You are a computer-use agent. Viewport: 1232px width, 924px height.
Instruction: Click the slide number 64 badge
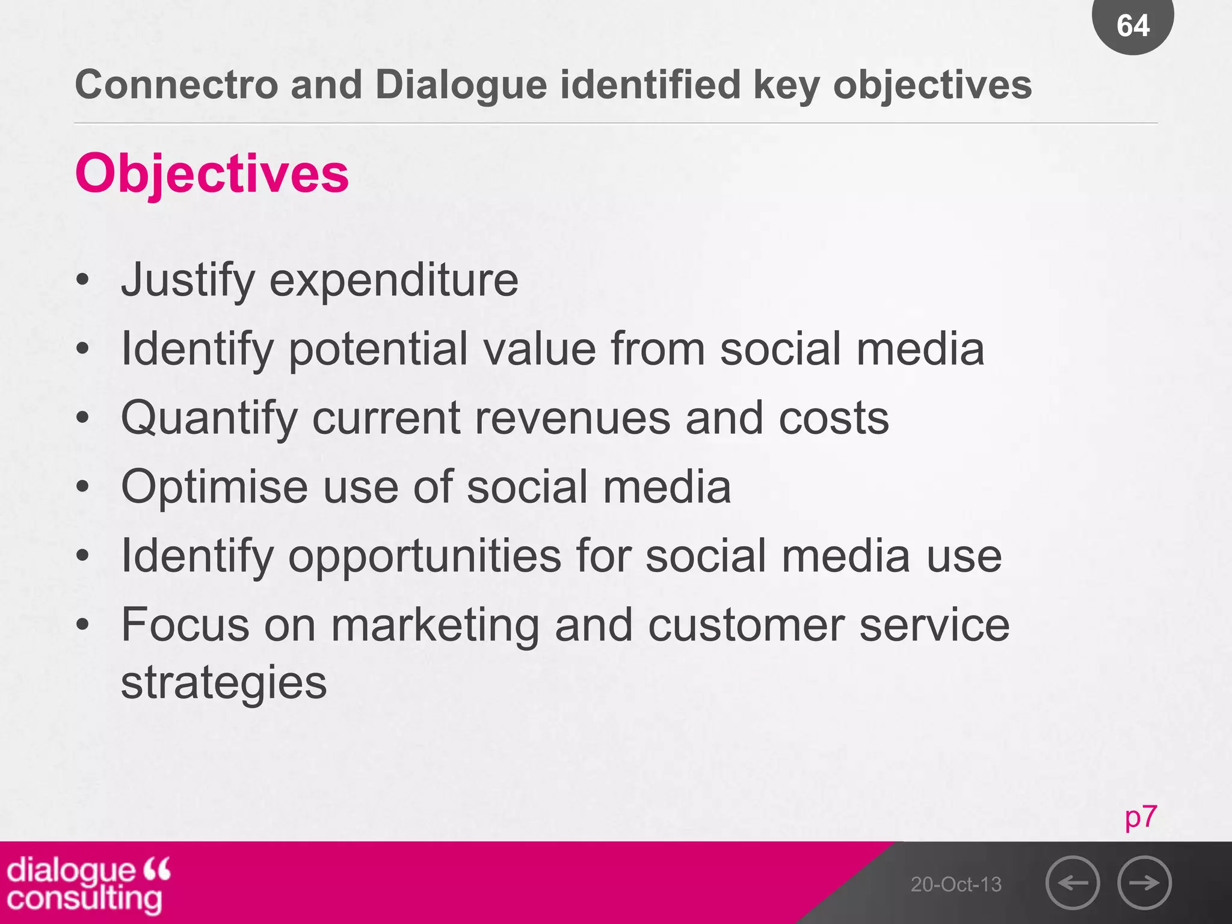[x=1132, y=25]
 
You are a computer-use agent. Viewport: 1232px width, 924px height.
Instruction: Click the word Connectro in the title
[x=176, y=85]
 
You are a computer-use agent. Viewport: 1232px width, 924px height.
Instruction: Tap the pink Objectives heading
[x=212, y=173]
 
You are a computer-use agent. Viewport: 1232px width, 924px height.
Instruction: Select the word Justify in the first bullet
[x=188, y=280]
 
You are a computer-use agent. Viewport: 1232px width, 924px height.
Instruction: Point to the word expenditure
[x=393, y=280]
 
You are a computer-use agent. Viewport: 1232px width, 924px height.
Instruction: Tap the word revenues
[x=572, y=418]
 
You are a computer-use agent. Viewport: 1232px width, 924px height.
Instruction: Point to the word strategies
[x=224, y=683]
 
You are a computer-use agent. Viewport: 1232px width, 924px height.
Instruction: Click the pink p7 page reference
[x=1141, y=817]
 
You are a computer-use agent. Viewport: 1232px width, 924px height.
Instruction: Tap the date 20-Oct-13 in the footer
[x=956, y=884]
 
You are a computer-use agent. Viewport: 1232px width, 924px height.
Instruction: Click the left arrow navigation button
[x=1073, y=882]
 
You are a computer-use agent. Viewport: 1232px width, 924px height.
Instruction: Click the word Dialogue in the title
[x=461, y=85]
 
